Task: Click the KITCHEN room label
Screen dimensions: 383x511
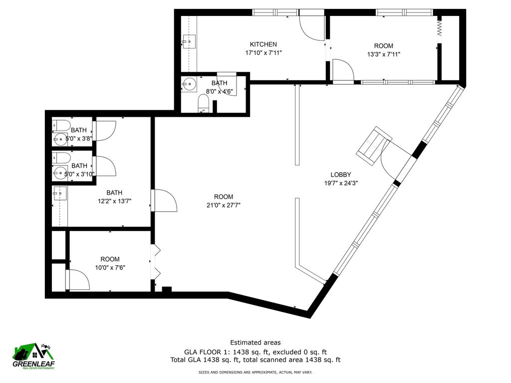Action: coord(263,44)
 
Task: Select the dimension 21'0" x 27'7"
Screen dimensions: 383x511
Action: coord(217,205)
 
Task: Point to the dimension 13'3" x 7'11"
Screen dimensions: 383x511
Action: coord(384,54)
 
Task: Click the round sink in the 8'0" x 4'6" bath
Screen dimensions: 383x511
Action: coord(189,83)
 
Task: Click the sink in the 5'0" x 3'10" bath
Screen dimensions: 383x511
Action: coord(60,174)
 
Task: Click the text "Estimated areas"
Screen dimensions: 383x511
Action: coord(255,342)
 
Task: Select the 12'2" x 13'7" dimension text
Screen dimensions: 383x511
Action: coord(114,201)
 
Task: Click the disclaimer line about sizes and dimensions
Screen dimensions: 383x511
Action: coord(255,372)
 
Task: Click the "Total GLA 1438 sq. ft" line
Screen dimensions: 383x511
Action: coord(255,359)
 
